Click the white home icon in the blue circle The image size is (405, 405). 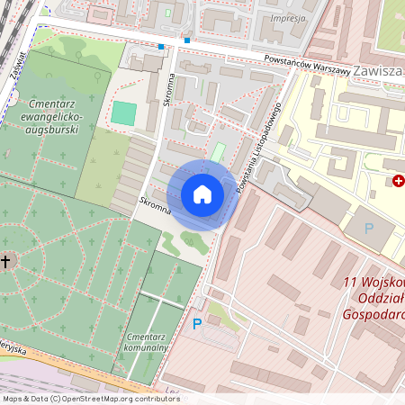[x=202, y=194]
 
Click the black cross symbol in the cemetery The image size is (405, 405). [x=6, y=262]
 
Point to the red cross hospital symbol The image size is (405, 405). [x=399, y=181]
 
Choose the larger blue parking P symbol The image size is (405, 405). [x=368, y=229]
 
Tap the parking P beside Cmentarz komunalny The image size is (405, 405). [x=197, y=324]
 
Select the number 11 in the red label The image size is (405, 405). [x=352, y=282]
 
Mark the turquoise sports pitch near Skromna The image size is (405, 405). [x=123, y=113]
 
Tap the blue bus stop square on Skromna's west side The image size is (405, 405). [x=161, y=46]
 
